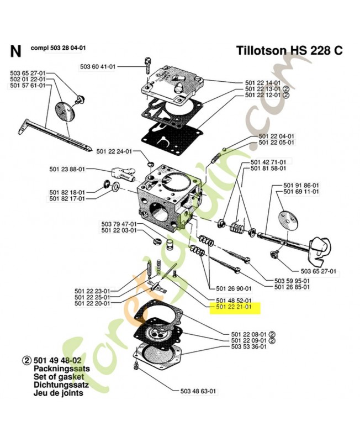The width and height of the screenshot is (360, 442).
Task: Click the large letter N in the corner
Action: pyautogui.click(x=15, y=52)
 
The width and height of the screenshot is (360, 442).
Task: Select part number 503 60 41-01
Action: pyautogui.click(x=98, y=67)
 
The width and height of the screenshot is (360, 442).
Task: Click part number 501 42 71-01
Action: pyautogui.click(x=268, y=162)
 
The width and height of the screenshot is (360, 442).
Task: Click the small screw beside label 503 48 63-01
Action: pyautogui.click(x=135, y=367)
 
